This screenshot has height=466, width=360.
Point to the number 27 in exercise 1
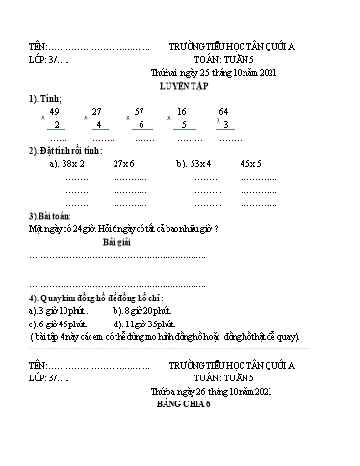[x=96, y=112]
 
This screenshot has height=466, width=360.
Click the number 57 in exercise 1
[x=140, y=112]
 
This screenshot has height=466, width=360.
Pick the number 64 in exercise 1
[x=223, y=112]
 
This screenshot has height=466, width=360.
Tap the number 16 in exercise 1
[x=182, y=112]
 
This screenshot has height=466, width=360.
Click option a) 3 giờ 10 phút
[x=59, y=311]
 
